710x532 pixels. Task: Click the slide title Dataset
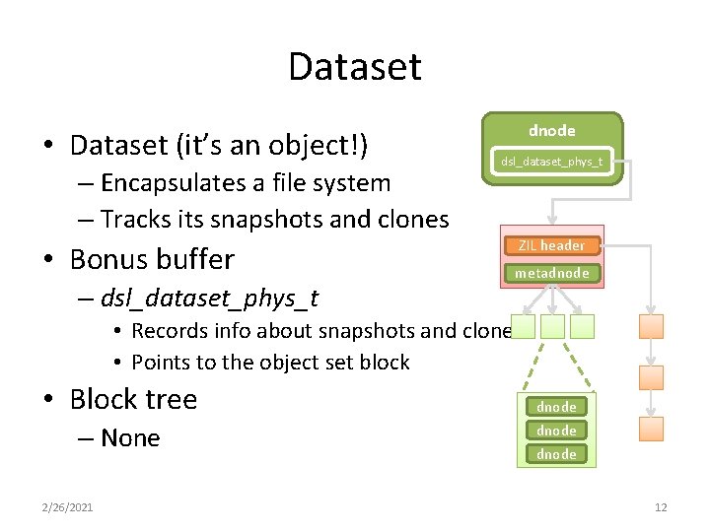pyautogui.click(x=355, y=67)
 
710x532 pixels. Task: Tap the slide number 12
pyautogui.click(x=661, y=507)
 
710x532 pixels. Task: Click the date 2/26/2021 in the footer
pyautogui.click(x=69, y=507)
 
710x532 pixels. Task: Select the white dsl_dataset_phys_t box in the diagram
pyautogui.click(x=551, y=162)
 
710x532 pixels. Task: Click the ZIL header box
pyautogui.click(x=551, y=245)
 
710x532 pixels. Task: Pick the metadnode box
pyautogui.click(x=551, y=273)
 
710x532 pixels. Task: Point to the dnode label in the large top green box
pyautogui.click(x=551, y=130)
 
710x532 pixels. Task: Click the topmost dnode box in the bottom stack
pyautogui.click(x=556, y=406)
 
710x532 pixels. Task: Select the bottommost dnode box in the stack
pyautogui.click(x=556, y=454)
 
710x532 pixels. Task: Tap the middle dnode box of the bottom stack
pyautogui.click(x=556, y=431)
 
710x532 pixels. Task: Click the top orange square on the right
pyautogui.click(x=651, y=326)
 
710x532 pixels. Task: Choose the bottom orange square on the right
pyautogui.click(x=651, y=429)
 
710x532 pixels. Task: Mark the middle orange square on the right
pyautogui.click(x=651, y=377)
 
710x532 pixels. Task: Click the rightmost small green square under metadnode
pyautogui.click(x=584, y=326)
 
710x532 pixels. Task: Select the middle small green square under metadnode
pyautogui.click(x=553, y=326)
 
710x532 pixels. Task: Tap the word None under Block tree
pyautogui.click(x=130, y=438)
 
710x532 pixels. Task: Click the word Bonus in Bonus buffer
pyautogui.click(x=108, y=259)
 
